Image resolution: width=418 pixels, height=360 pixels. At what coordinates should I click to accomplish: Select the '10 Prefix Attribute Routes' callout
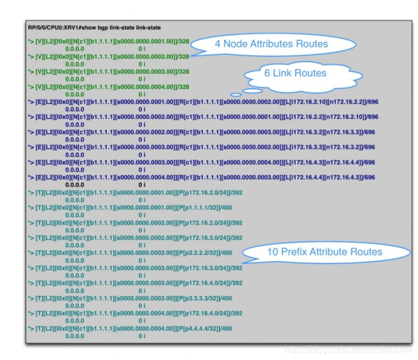(324, 252)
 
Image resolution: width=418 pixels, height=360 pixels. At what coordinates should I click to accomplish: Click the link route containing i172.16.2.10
(201, 102)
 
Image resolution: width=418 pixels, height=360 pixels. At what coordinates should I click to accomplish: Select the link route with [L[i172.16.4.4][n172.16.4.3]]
(201, 177)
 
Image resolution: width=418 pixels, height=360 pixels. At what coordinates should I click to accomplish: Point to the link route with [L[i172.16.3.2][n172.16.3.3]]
(201, 132)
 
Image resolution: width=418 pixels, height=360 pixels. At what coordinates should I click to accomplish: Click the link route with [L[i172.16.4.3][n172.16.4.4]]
(201, 162)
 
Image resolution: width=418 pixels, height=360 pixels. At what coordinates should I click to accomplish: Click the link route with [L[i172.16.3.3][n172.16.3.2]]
(201, 147)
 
